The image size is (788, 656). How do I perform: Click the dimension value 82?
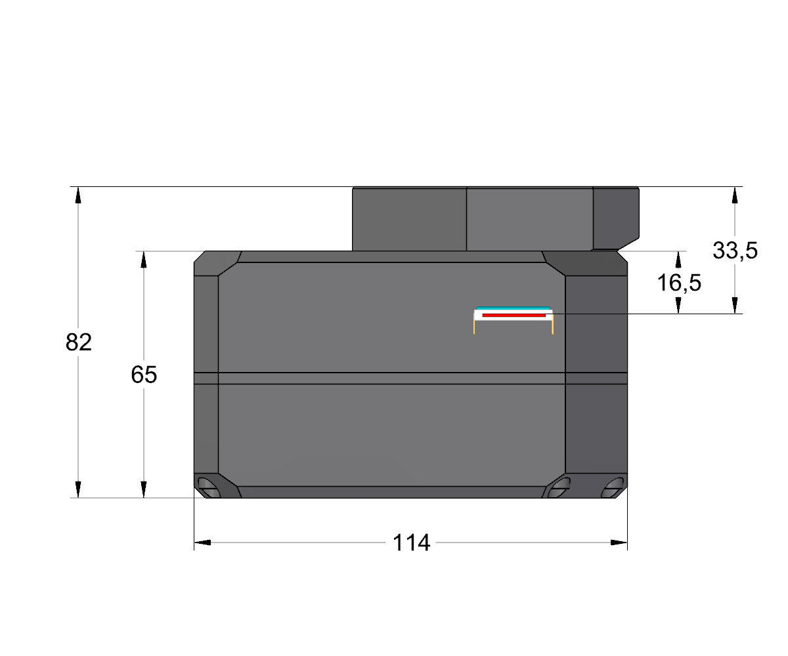click(79, 342)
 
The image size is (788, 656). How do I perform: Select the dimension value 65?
click(144, 375)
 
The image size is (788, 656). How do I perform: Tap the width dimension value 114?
click(411, 543)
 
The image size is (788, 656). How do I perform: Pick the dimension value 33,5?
click(735, 251)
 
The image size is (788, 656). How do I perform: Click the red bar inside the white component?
click(514, 315)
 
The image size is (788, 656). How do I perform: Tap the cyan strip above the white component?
click(514, 308)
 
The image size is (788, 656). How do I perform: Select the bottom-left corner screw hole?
click(208, 487)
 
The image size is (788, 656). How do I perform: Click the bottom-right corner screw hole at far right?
click(613, 487)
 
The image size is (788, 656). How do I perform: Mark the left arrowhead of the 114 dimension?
click(202, 543)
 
